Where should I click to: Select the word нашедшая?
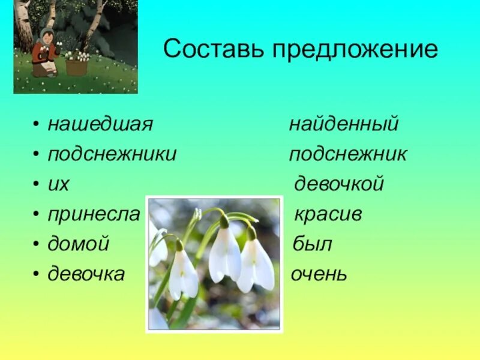[101, 125]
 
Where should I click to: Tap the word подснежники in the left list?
[112, 154]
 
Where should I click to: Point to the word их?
[59, 185]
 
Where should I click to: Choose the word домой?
[79, 245]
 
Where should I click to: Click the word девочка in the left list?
[86, 275]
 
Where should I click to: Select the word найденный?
[344, 125]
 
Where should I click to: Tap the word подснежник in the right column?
[348, 154]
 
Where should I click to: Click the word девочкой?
[339, 184]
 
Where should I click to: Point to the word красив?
[328, 215]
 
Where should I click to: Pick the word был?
[313, 245]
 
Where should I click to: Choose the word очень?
[319, 275]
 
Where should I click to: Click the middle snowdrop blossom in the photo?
[225, 252]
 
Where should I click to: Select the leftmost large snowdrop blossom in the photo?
[183, 273]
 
